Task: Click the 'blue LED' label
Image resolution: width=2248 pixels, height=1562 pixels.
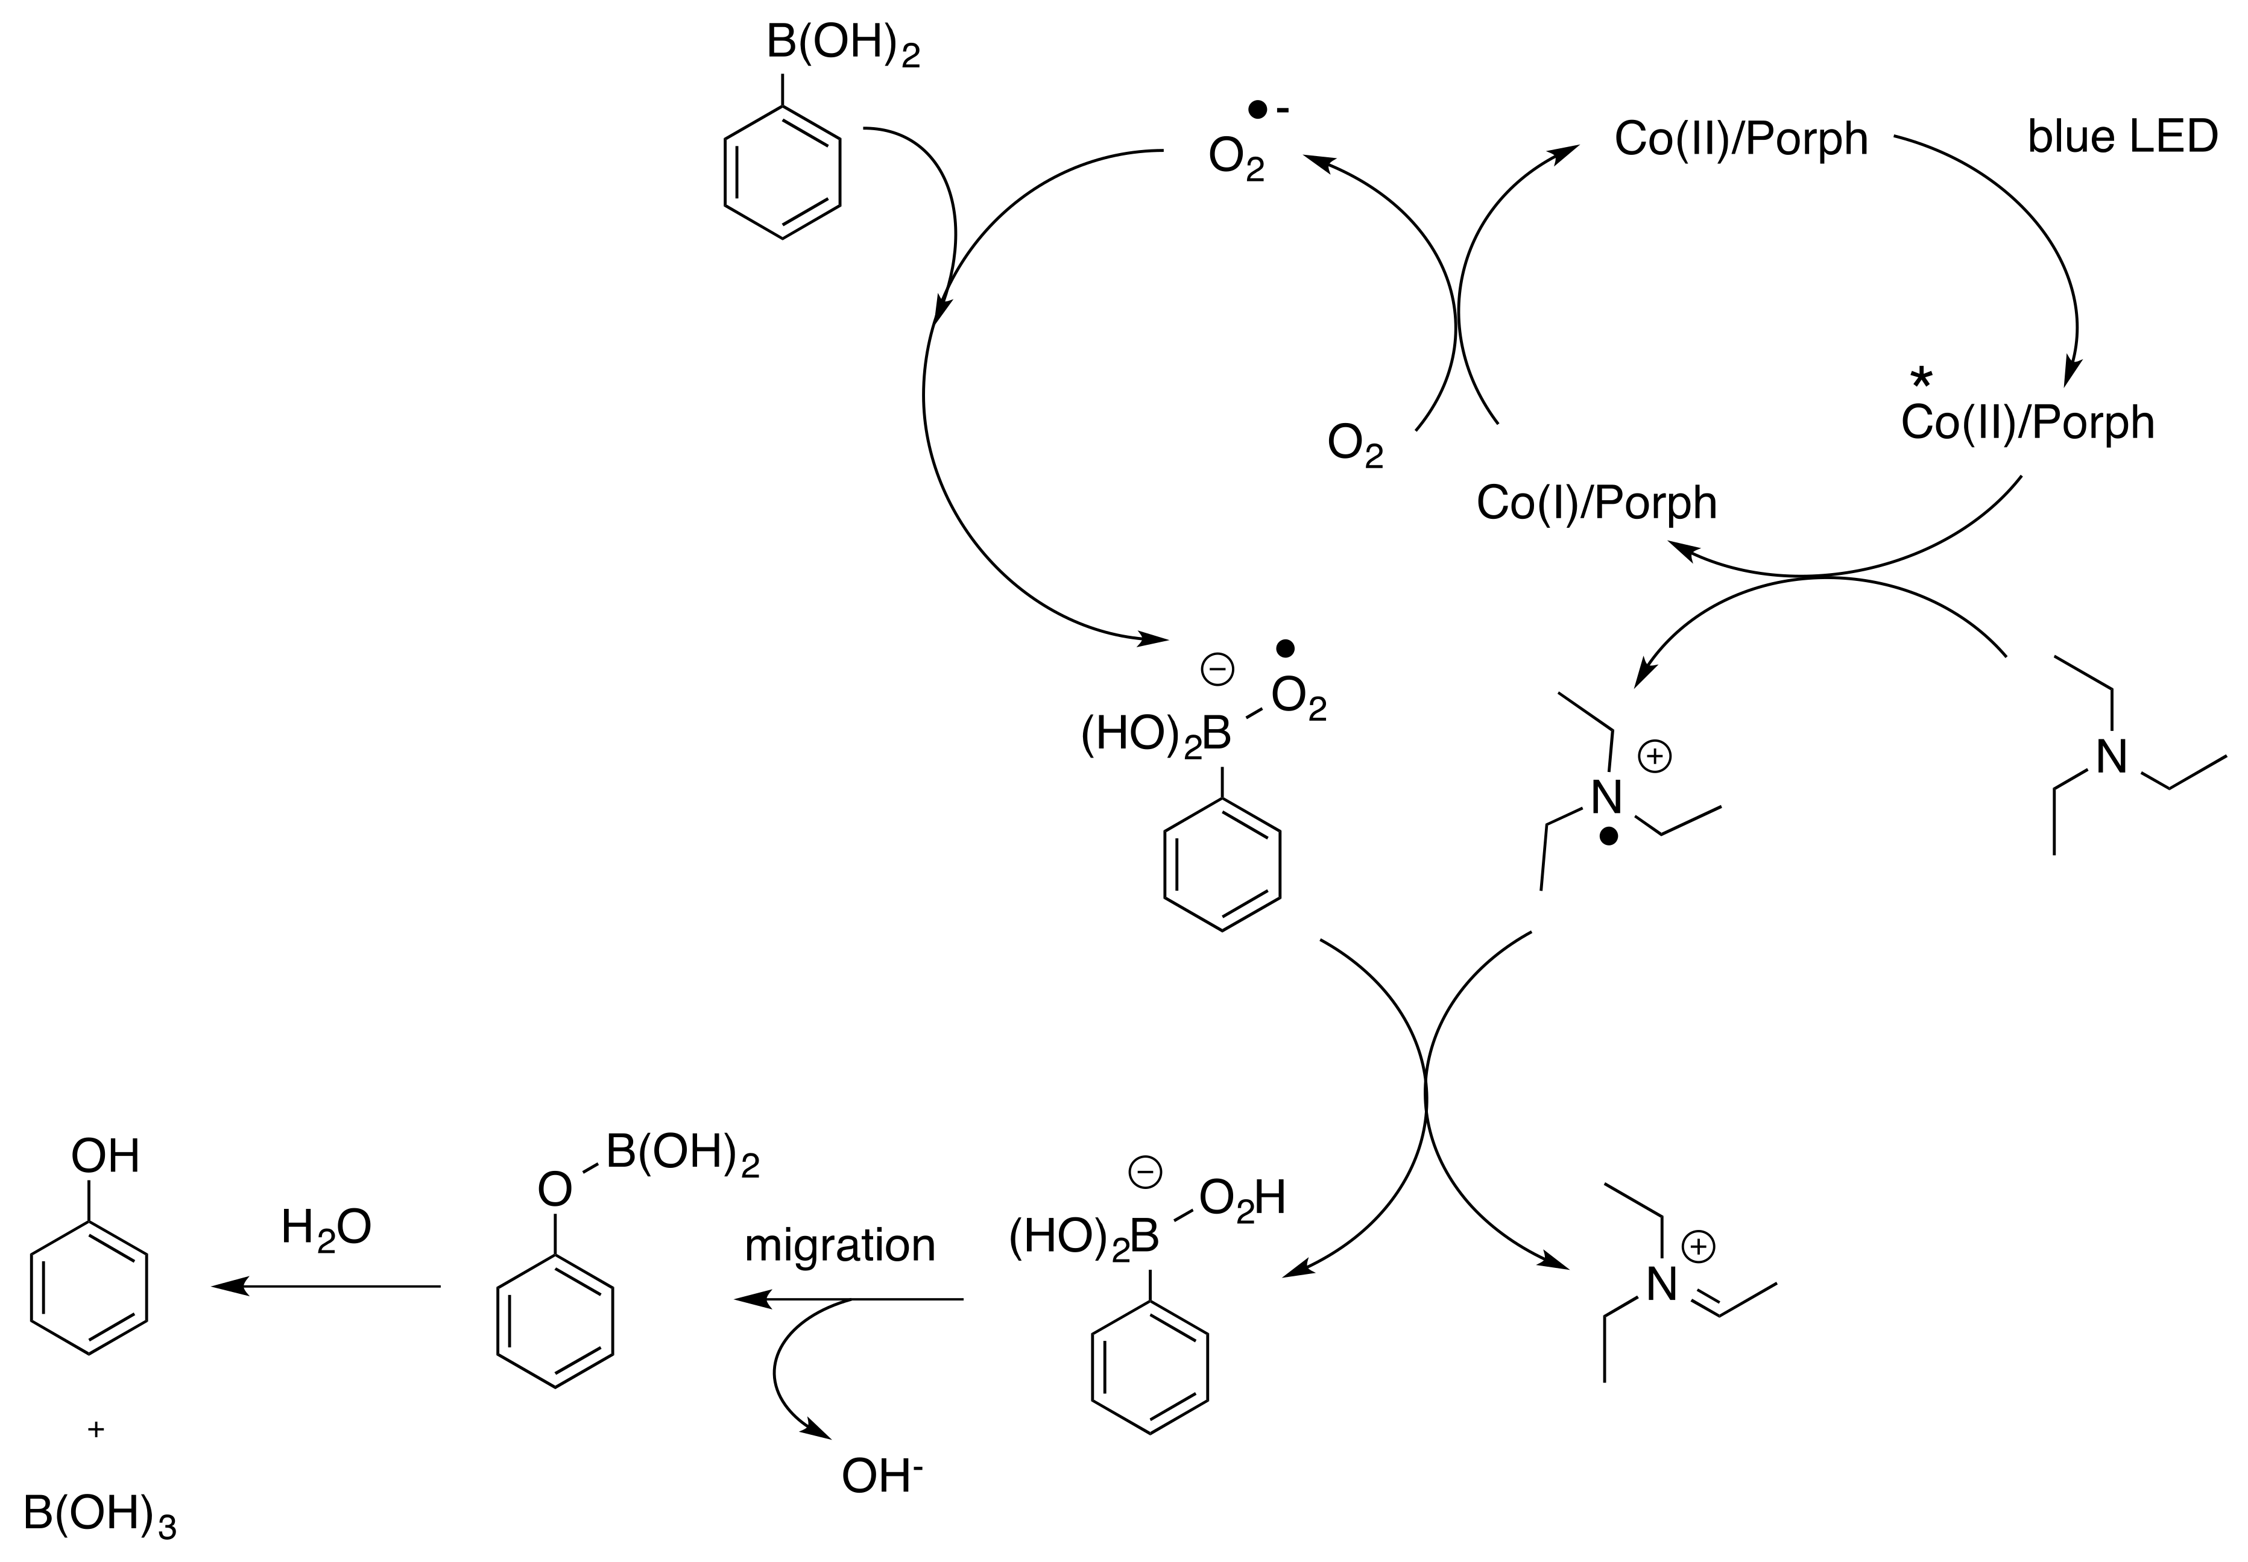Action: tap(2122, 137)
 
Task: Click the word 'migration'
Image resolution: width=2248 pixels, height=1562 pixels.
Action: tap(839, 1246)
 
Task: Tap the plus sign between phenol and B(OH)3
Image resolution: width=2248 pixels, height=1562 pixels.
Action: tap(95, 1430)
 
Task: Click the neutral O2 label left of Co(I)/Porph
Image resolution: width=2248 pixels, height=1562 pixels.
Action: tap(1355, 445)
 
